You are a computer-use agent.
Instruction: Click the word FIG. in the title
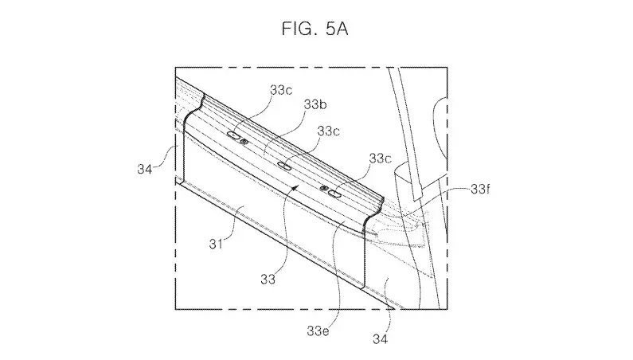[x=298, y=29]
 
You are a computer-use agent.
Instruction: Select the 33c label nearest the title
[x=281, y=90]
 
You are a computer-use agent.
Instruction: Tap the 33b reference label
[x=315, y=104]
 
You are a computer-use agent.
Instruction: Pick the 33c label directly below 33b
[x=328, y=131]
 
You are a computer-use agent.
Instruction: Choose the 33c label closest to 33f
[x=381, y=158]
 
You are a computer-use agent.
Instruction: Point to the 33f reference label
[x=480, y=189]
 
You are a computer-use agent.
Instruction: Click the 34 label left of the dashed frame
[x=145, y=169]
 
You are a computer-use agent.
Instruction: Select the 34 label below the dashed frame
[x=380, y=339]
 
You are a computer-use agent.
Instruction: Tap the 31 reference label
[x=216, y=244]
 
